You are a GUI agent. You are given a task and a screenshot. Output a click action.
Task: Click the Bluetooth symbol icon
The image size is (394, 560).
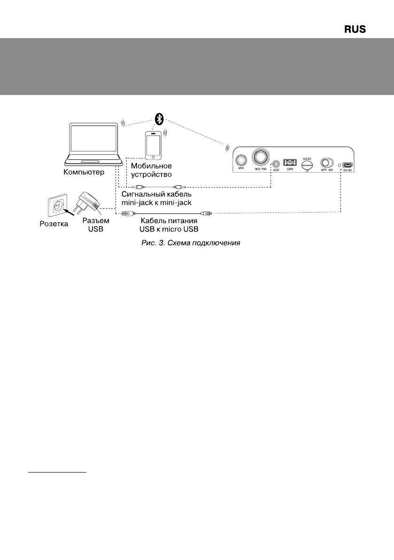click(x=159, y=119)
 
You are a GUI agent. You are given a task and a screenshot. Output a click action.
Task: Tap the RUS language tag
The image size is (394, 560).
click(x=355, y=30)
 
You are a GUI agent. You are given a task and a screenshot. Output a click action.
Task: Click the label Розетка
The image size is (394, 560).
click(x=53, y=224)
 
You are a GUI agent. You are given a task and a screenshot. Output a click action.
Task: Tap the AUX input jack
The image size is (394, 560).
click(x=276, y=164)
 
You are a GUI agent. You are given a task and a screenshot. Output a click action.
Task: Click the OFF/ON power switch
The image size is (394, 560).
click(x=325, y=163)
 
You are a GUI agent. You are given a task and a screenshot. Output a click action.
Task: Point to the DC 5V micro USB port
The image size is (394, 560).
click(x=348, y=166)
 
